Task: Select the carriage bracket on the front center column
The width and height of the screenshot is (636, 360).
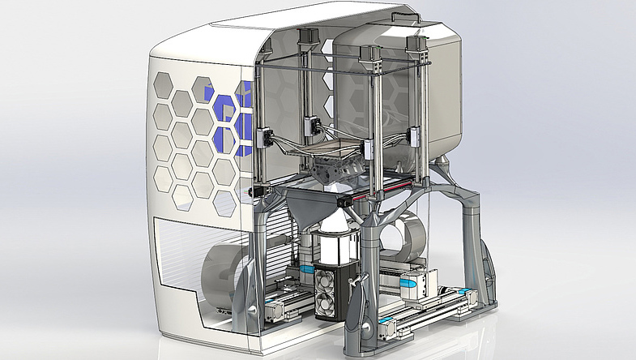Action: pos(368,151)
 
